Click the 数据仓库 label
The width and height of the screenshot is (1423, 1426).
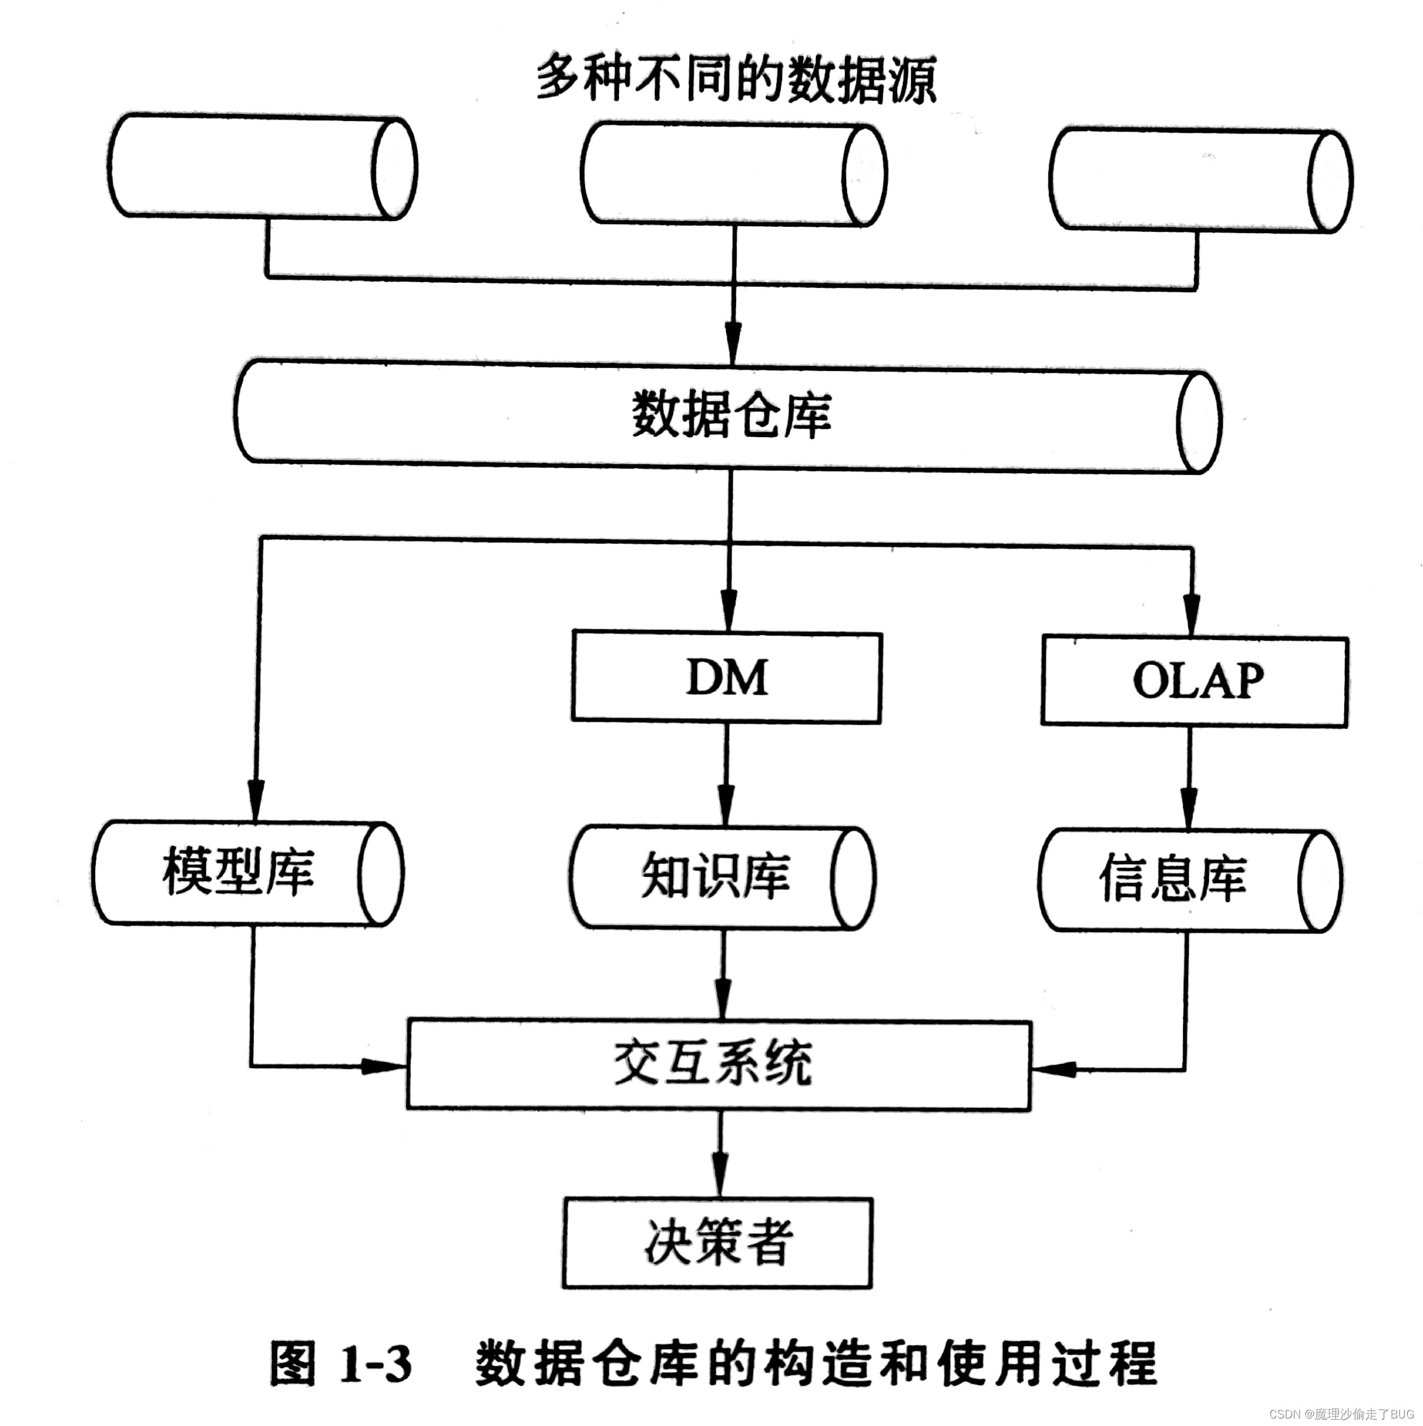731,416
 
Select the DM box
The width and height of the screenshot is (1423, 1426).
727,678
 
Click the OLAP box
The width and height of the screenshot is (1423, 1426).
1194,682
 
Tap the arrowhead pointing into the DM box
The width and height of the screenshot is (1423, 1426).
729,611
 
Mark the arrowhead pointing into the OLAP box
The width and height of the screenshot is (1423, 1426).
1191,615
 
